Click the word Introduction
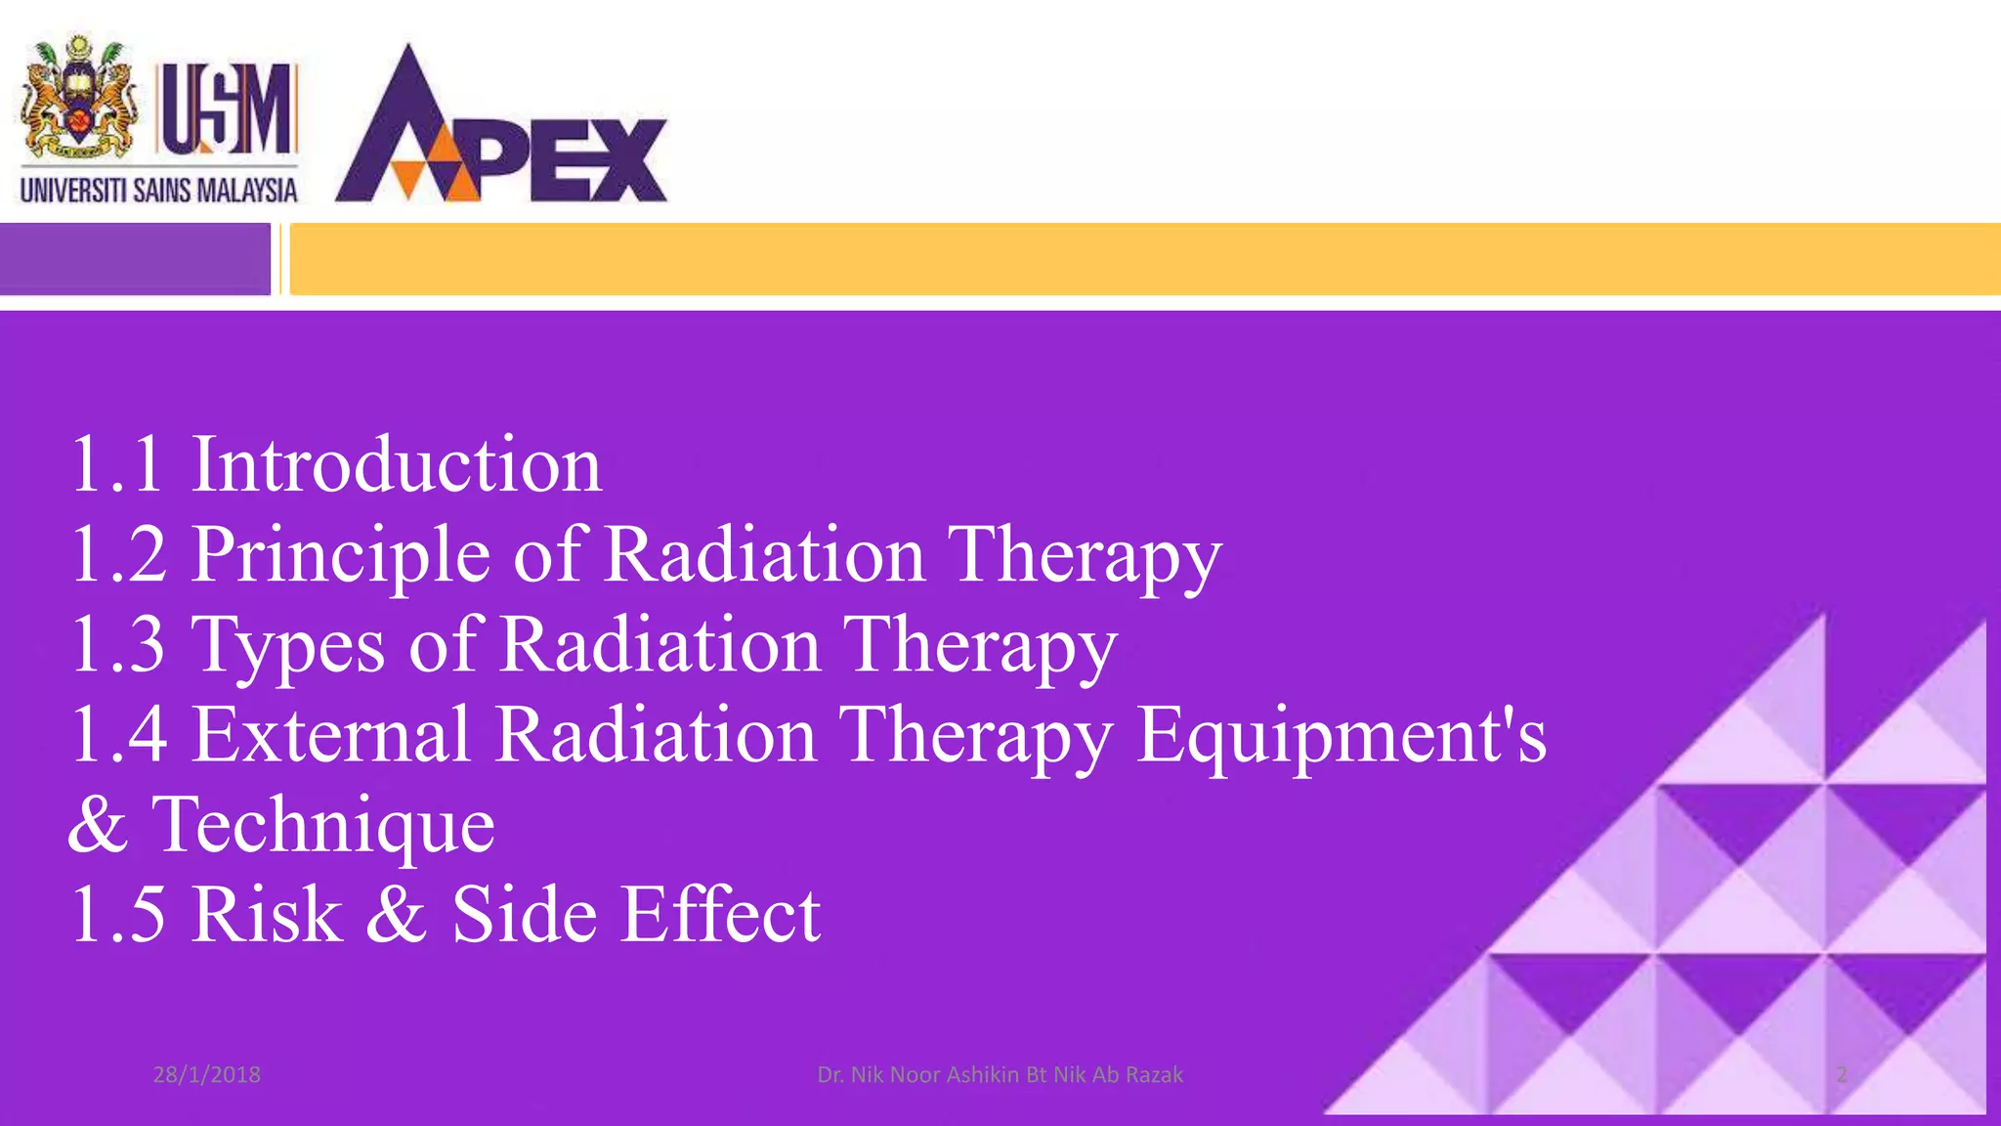point(396,464)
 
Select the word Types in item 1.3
point(289,645)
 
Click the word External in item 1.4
point(332,734)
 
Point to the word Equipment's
point(1341,736)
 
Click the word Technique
point(323,824)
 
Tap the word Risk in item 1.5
point(267,914)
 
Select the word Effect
point(721,914)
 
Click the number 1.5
point(118,914)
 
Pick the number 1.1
point(116,464)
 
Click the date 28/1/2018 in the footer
point(206,1074)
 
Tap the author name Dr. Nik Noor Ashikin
point(1000,1074)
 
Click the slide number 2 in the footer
point(1841,1074)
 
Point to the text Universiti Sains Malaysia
point(158,190)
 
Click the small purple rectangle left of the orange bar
point(135,259)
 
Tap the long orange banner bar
point(1143,259)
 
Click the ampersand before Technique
point(98,824)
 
